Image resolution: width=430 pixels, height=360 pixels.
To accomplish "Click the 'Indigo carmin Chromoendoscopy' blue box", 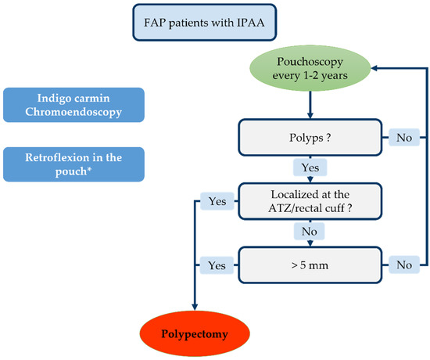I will coord(74,105).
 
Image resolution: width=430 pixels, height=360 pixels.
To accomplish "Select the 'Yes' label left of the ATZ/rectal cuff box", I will coord(216,201).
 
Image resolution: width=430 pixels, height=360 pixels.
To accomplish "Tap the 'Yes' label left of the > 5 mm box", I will coord(216,265).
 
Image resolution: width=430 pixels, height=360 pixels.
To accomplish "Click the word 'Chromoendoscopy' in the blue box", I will coord(74,113).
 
